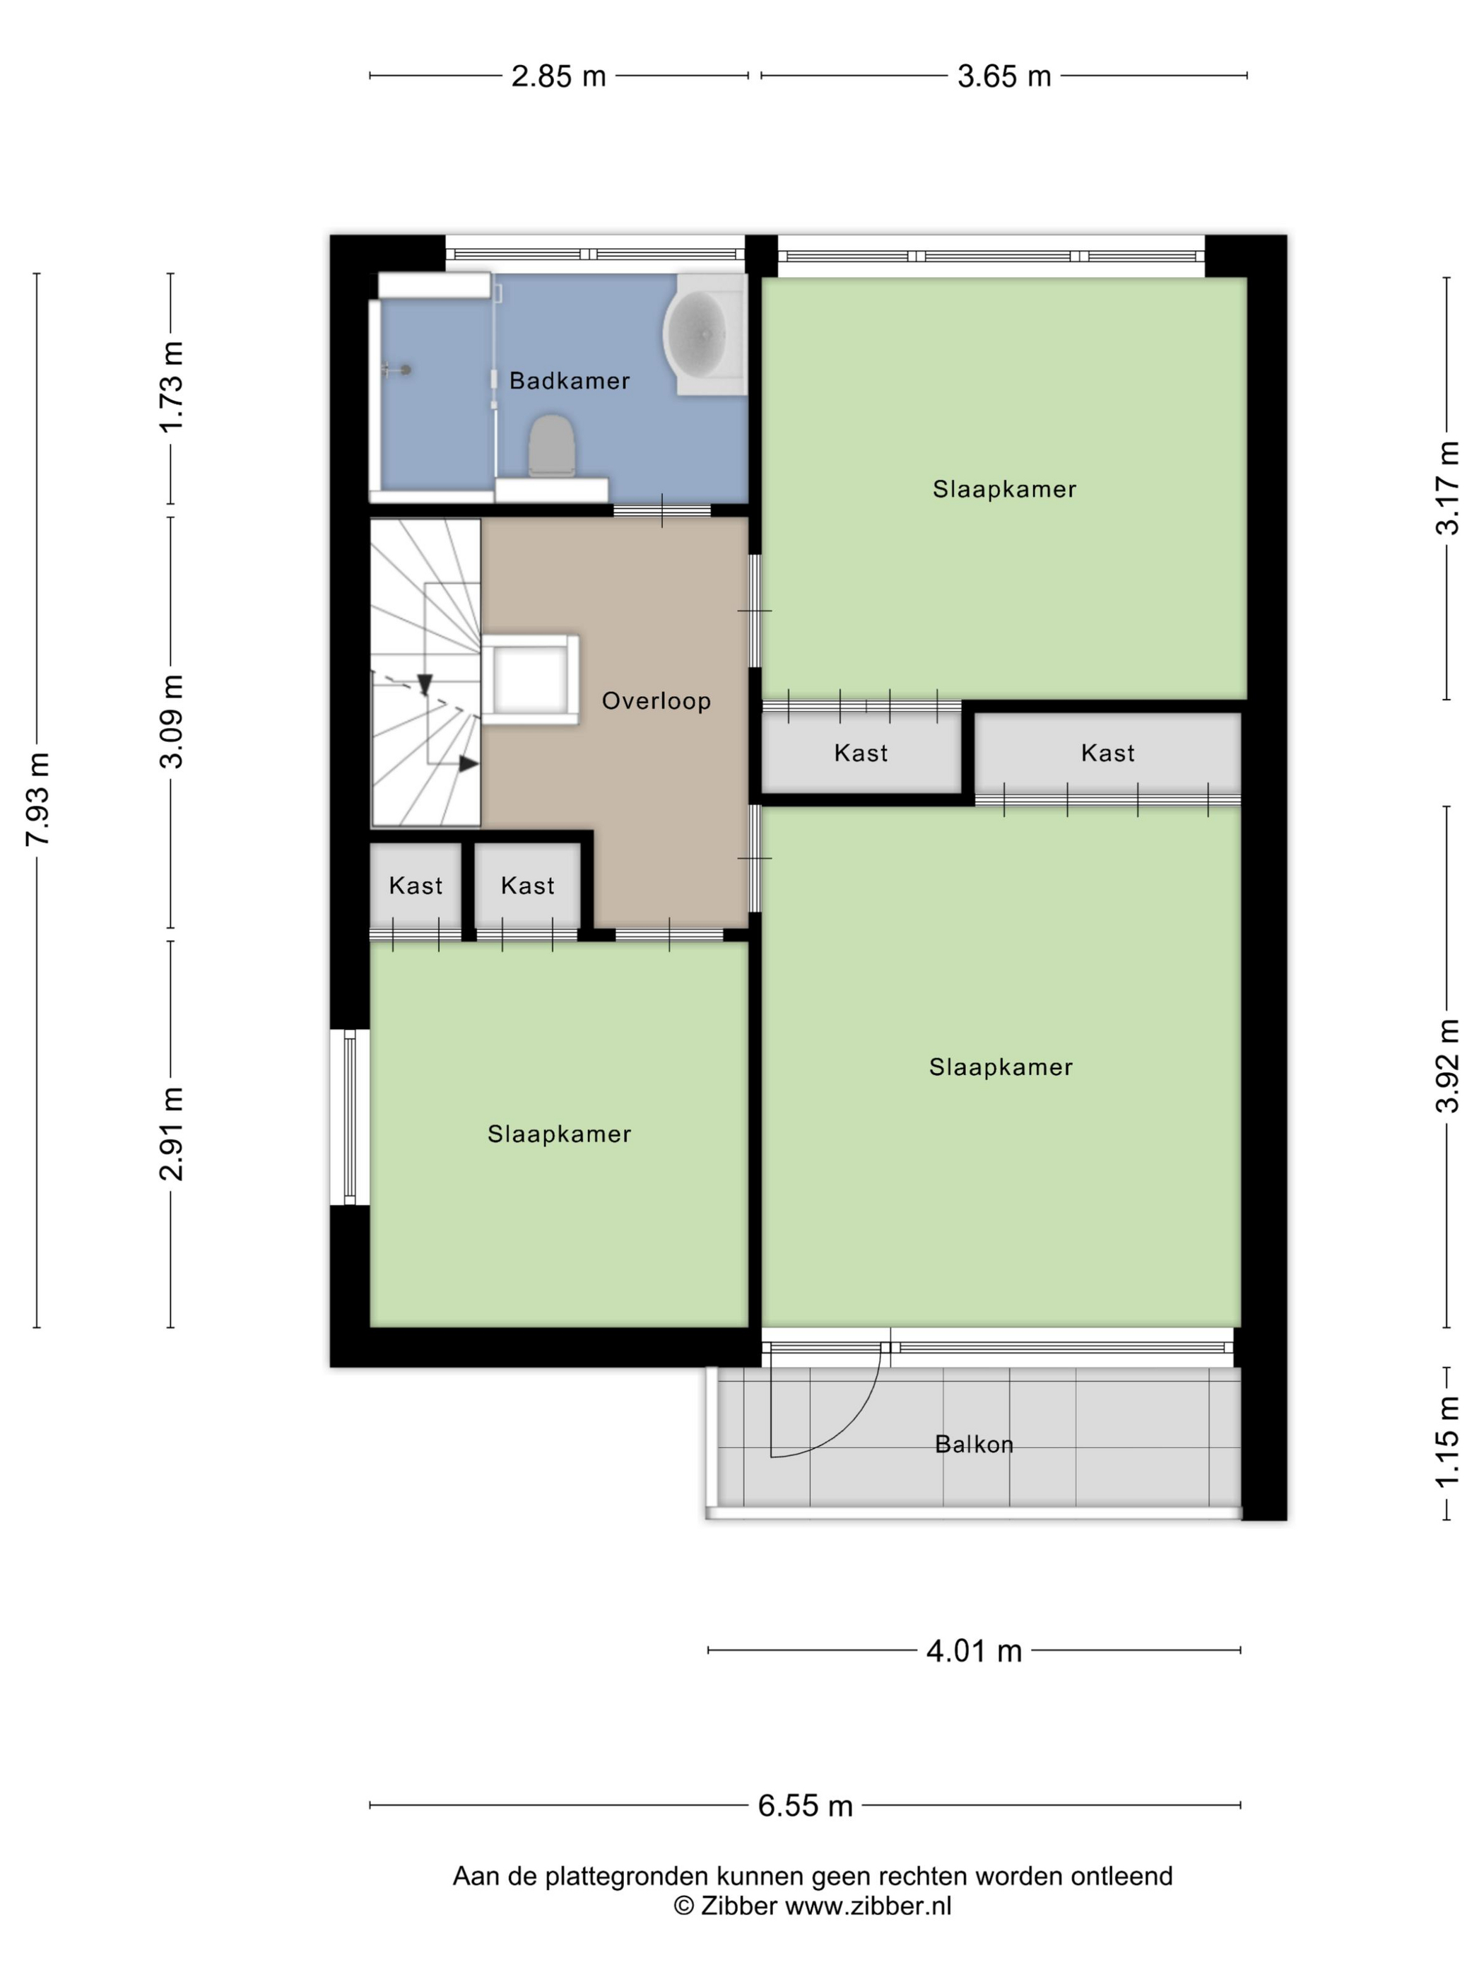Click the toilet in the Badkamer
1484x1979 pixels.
(551, 445)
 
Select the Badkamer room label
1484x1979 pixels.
(569, 381)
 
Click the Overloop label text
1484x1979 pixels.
(656, 700)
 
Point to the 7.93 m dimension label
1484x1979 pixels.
(38, 798)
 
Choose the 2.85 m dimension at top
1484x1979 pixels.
(558, 76)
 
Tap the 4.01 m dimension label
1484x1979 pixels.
(973, 1650)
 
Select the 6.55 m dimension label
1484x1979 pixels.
(805, 1805)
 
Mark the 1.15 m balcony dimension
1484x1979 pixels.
(1447, 1443)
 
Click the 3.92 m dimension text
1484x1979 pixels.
(1447, 1066)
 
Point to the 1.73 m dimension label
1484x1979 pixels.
(171, 387)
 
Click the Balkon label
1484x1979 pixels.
(973, 1444)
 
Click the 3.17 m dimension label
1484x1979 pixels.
(1447, 488)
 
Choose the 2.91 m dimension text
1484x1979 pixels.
(171, 1134)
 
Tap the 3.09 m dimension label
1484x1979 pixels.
(171, 721)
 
